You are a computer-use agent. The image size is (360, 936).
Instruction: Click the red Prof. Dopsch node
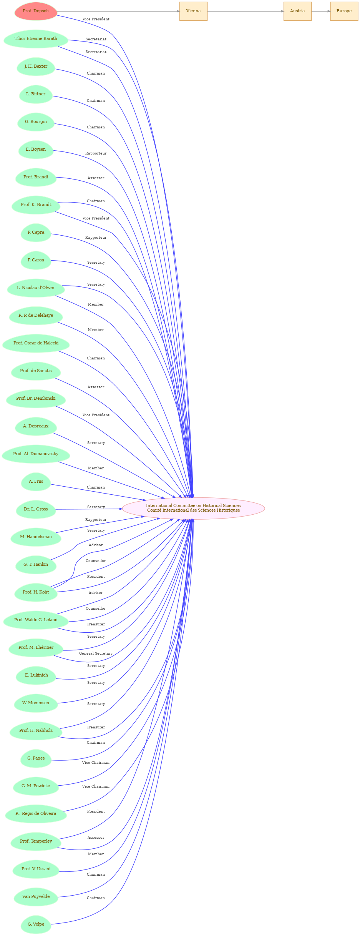click(x=36, y=11)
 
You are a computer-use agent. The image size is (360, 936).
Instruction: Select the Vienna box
click(x=193, y=11)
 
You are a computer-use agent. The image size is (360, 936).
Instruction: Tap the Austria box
click(x=297, y=11)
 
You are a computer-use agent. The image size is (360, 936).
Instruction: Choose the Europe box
click(x=344, y=11)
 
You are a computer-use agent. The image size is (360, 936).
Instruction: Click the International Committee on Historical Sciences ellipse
click(x=193, y=508)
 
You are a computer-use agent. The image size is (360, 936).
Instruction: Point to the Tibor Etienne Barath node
click(x=36, y=39)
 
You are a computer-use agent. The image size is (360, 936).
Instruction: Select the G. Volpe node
click(x=36, y=924)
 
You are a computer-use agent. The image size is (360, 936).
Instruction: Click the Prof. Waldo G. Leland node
click(x=36, y=620)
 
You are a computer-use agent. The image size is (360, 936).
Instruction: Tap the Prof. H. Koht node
click(x=36, y=592)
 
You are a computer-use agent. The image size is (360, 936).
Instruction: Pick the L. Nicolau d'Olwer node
click(x=36, y=288)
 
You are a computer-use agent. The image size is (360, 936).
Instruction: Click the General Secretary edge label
click(x=96, y=653)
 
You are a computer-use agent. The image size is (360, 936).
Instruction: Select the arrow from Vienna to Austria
click(x=246, y=11)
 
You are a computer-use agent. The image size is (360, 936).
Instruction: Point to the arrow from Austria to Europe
click(x=321, y=11)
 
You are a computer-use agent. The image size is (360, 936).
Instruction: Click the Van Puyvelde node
click(x=36, y=897)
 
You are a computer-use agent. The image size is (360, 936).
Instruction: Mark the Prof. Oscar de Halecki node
click(x=36, y=343)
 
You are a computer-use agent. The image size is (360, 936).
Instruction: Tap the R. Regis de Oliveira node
click(x=36, y=814)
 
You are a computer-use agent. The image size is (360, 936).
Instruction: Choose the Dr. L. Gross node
click(x=36, y=509)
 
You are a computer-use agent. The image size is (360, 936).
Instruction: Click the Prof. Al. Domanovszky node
click(x=36, y=454)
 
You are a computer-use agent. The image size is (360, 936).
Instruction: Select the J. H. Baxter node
click(x=36, y=67)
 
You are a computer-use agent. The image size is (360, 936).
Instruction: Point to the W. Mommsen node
click(x=36, y=703)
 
